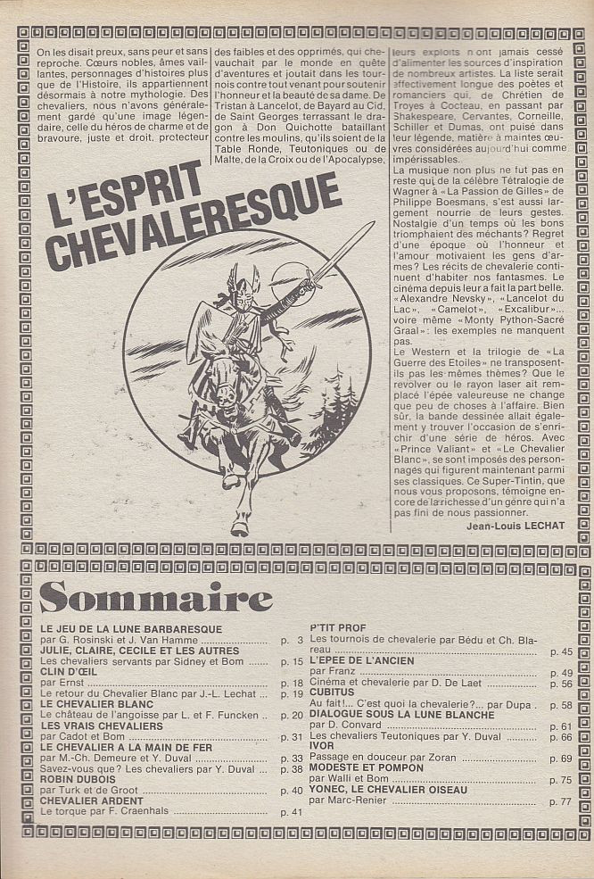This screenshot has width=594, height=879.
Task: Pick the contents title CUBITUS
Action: coord(334,691)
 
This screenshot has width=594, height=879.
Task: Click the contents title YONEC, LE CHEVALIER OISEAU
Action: coord(386,790)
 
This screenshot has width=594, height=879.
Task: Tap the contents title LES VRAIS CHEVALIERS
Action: coord(102,726)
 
